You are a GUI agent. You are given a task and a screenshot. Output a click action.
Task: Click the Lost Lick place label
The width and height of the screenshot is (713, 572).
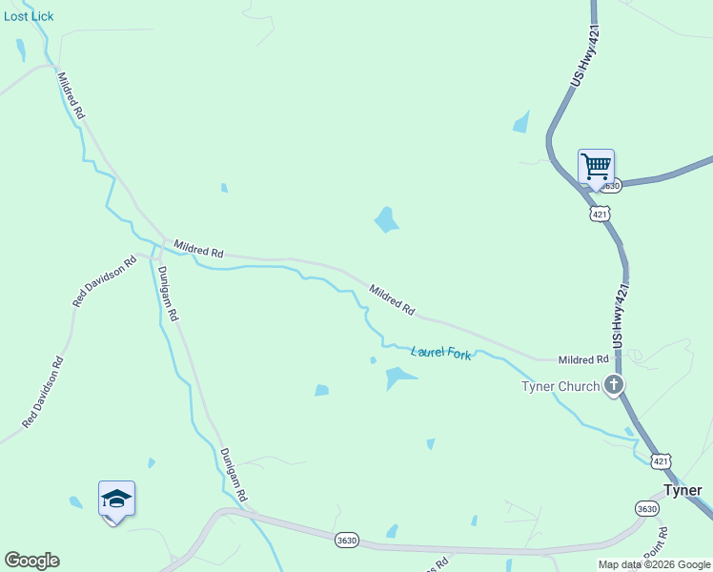[x=29, y=16]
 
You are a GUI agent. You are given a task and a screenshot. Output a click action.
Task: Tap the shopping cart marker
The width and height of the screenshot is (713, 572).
[x=596, y=167]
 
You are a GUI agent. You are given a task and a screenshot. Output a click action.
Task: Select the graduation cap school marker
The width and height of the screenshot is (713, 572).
[x=116, y=499]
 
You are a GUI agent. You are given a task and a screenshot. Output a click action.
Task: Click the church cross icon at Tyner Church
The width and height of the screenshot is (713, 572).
[x=615, y=385]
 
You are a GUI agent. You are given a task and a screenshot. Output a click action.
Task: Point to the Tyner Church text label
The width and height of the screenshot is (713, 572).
[x=560, y=386]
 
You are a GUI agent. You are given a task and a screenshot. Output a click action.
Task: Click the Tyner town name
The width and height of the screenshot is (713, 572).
[x=682, y=490]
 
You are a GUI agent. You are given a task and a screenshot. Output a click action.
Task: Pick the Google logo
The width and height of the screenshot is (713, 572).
[x=31, y=561]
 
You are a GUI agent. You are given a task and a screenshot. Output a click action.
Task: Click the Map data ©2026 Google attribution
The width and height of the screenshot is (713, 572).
[x=654, y=564]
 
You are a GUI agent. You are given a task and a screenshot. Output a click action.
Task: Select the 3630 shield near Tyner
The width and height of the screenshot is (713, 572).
[x=647, y=508]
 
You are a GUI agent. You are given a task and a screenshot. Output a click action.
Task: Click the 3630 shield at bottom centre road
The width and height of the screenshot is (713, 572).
[x=347, y=541]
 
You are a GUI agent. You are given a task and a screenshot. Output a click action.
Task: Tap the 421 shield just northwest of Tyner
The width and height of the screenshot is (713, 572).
[x=662, y=461]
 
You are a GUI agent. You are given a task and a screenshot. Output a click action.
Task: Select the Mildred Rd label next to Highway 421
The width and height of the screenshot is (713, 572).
[x=583, y=359]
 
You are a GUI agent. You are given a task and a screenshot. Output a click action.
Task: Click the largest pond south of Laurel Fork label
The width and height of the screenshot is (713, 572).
[x=399, y=378]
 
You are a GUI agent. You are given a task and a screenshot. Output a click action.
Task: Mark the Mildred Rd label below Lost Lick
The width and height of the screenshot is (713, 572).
[x=71, y=95]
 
